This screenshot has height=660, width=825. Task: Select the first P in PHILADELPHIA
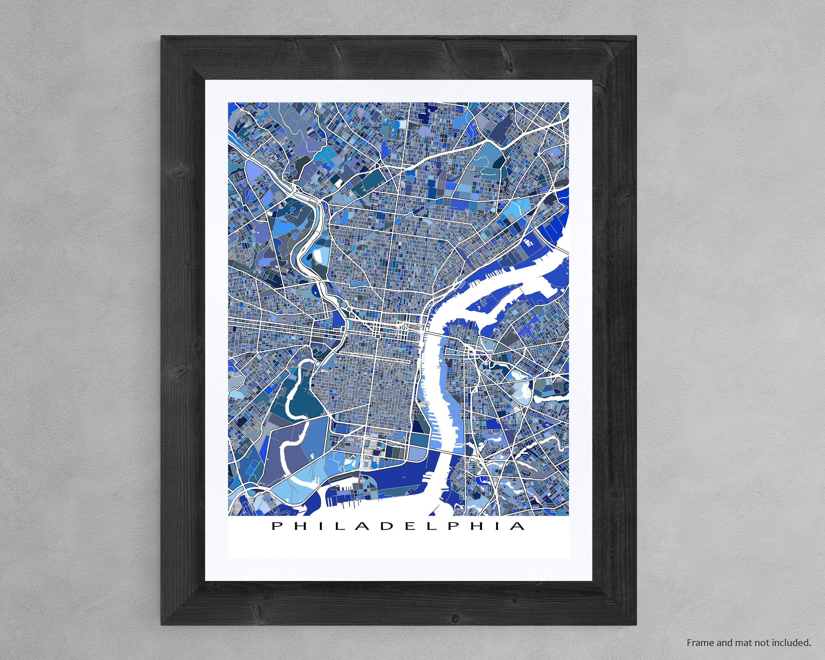pyautogui.click(x=276, y=526)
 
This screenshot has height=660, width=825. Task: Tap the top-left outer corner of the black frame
pyautogui.click(x=161, y=36)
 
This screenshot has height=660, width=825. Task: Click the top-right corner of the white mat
pyautogui.click(x=592, y=80)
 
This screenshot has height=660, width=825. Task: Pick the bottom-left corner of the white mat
pyautogui.click(x=206, y=581)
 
